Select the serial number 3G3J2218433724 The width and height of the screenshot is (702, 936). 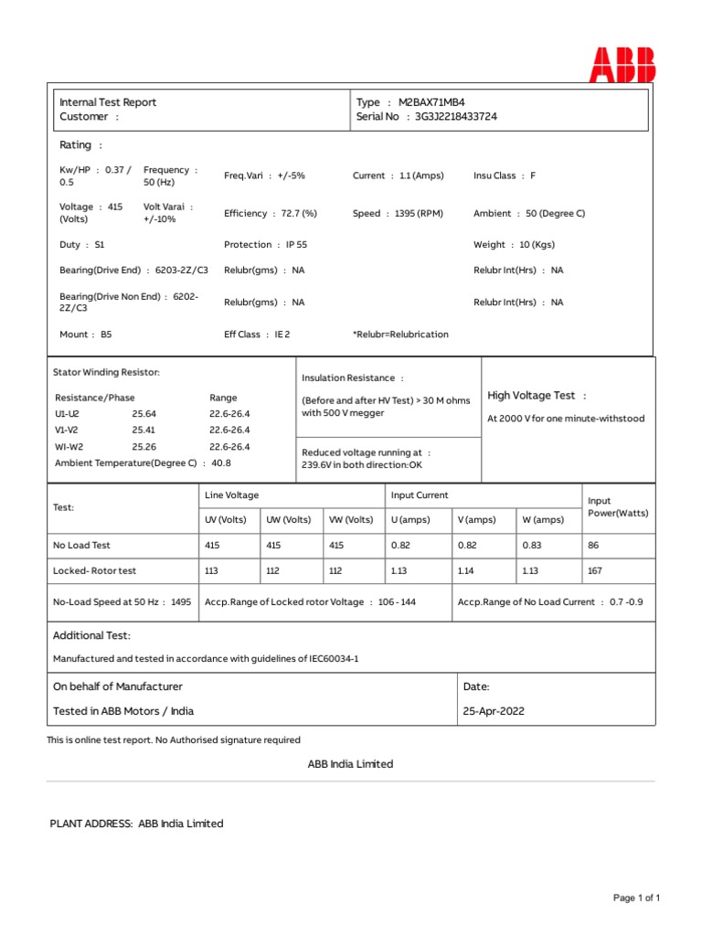456,117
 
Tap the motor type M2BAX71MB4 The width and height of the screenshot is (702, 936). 438,102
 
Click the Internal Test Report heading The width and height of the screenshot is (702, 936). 108,102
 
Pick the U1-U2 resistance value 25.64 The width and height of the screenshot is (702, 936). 144,414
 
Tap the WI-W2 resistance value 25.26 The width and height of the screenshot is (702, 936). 144,447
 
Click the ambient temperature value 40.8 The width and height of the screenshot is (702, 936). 221,463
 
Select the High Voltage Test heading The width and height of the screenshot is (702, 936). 537,395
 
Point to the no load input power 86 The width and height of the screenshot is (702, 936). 593,545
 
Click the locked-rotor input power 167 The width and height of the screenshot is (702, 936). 596,570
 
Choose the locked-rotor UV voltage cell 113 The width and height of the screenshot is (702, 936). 211,570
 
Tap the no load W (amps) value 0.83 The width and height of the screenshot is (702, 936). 531,545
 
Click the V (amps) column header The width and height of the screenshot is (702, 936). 476,520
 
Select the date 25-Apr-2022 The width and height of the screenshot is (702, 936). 495,710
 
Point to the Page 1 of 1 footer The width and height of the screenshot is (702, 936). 636,899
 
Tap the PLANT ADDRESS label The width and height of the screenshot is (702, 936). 90,824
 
